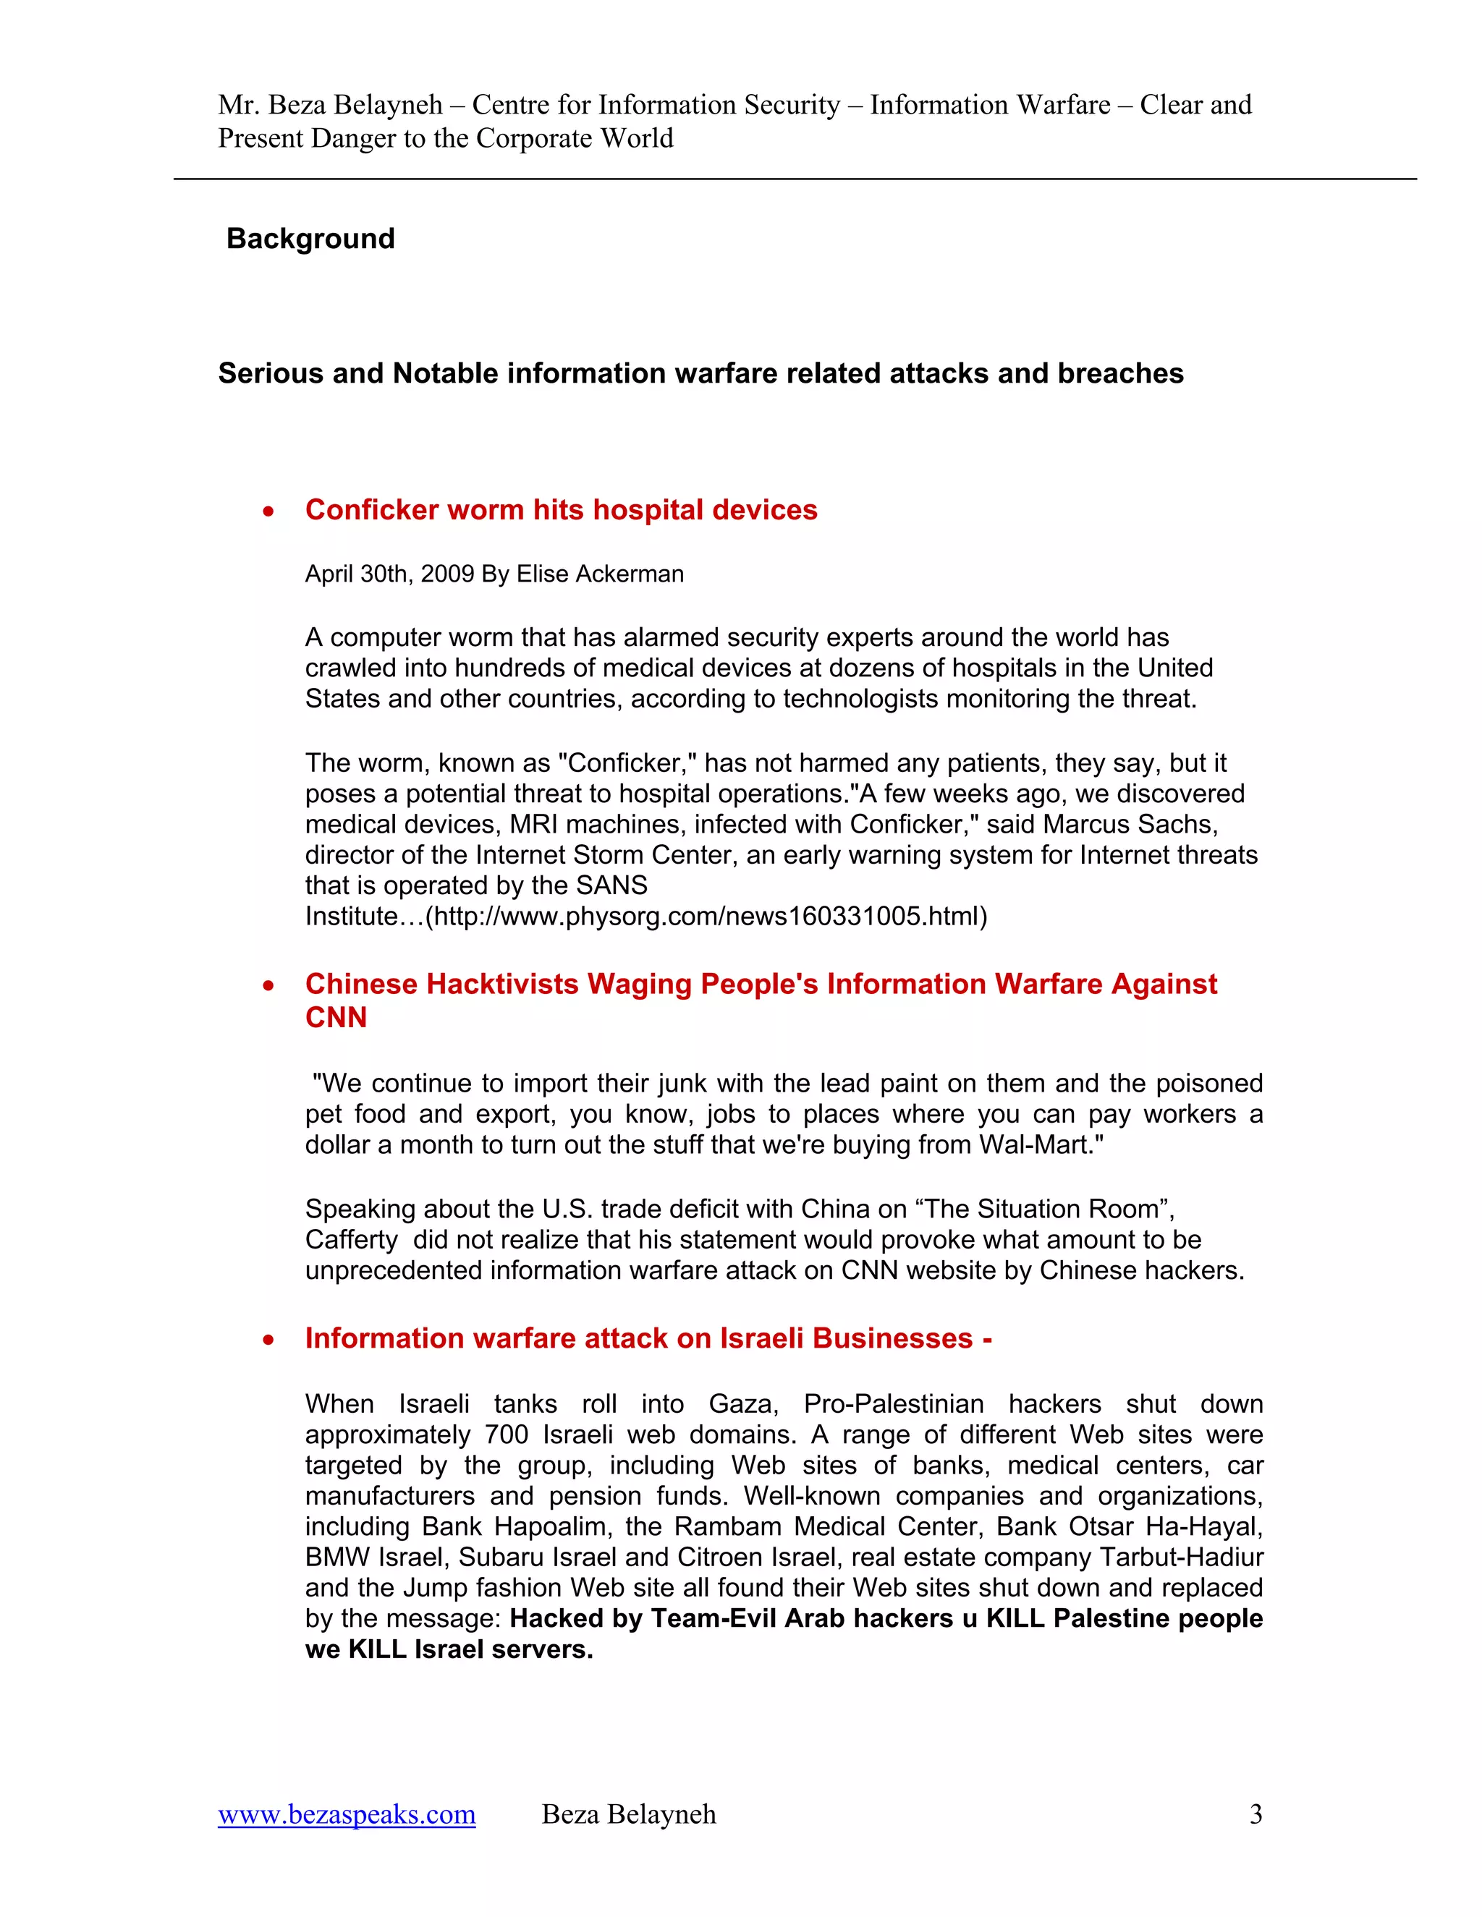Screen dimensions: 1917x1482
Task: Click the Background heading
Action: tap(310, 239)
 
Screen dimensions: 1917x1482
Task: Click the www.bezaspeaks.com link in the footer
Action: tap(347, 1814)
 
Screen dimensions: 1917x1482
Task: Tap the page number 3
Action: tap(1256, 1814)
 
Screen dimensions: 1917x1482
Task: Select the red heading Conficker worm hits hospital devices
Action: tap(561, 510)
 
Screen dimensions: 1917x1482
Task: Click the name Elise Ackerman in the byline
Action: tap(600, 574)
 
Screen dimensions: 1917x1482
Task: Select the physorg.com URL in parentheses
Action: tap(706, 917)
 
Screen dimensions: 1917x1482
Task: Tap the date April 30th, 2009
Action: tap(389, 574)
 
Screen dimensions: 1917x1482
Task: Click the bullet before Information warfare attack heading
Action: tap(268, 1340)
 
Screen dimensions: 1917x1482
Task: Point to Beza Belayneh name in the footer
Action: tap(629, 1814)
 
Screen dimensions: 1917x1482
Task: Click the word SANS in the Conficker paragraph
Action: tap(612, 885)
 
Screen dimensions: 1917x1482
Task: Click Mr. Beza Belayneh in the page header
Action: tap(330, 106)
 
